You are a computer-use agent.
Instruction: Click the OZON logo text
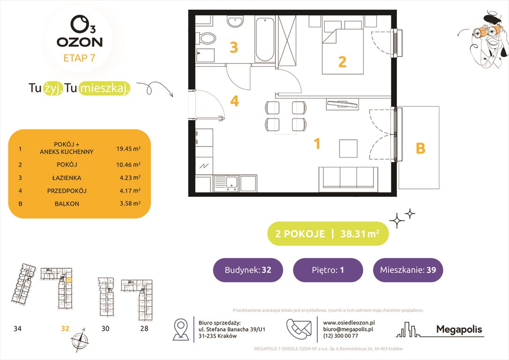[79, 42]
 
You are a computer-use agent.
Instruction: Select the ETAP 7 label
[79, 59]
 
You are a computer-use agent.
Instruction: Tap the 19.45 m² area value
[128, 149]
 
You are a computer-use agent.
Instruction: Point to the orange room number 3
[233, 47]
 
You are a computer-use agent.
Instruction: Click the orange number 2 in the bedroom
[342, 61]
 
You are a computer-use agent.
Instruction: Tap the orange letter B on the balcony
[420, 149]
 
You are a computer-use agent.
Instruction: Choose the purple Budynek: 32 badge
[247, 270]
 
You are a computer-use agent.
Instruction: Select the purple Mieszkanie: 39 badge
[407, 270]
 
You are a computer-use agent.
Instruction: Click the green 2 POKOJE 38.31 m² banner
[328, 234]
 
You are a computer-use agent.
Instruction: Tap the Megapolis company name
[459, 330]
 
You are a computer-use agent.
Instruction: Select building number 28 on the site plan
[144, 329]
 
